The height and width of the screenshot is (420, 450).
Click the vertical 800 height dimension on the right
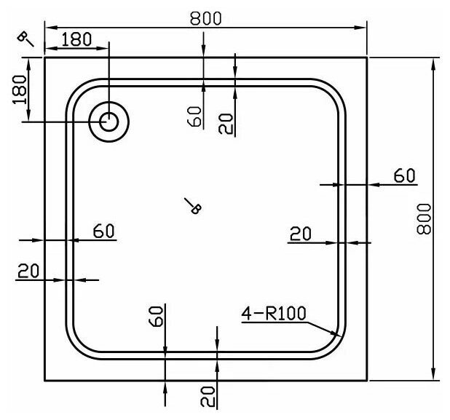coord(426,218)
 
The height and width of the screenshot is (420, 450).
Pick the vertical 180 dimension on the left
coord(20,90)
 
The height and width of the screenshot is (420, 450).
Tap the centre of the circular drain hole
coord(108,122)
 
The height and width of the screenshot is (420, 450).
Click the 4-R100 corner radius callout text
coord(275,314)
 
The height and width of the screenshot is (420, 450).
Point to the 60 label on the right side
coord(404,175)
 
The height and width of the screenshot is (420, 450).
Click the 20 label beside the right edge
coord(300,234)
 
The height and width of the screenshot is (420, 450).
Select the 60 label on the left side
coord(103,231)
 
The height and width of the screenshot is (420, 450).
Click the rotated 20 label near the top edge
coord(227,124)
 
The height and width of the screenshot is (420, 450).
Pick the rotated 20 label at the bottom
coord(209,396)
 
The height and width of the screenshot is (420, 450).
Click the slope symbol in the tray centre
coord(192,206)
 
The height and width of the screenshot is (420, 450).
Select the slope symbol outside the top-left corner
coord(27,39)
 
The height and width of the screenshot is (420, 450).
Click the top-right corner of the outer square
coord(366,57)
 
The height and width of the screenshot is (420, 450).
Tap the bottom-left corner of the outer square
coord(45,380)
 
